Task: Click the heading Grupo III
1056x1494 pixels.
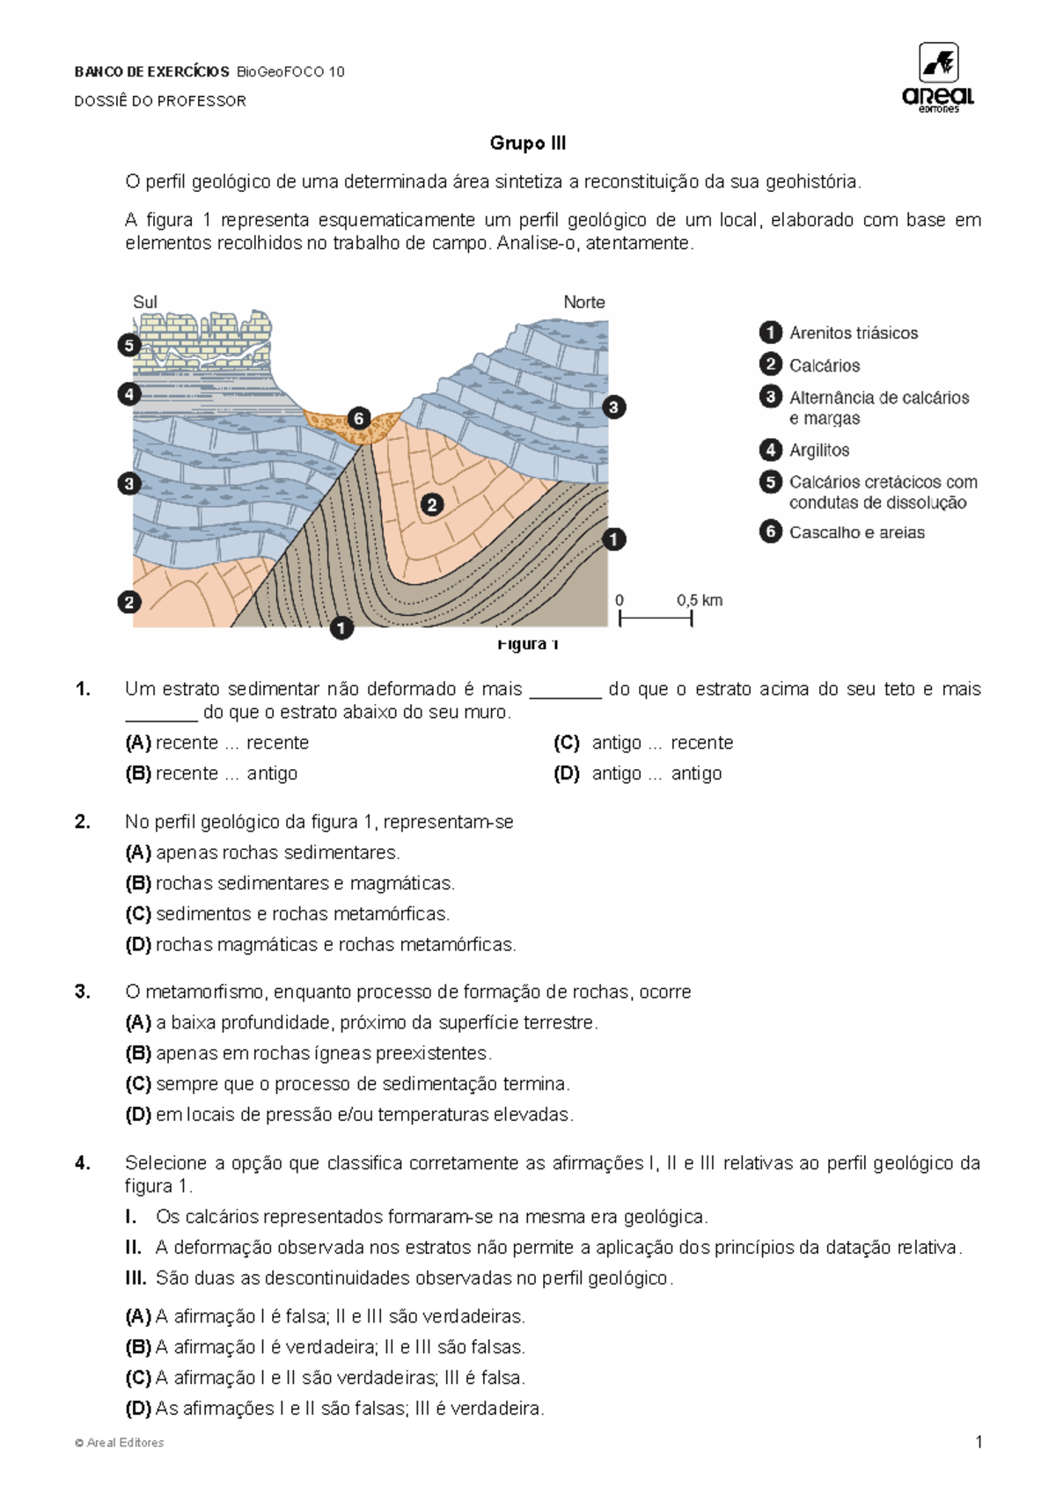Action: pos(528,143)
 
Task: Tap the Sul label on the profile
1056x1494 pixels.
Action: pos(145,302)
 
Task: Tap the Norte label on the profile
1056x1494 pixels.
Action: pos(584,302)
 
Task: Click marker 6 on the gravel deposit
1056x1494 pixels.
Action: pos(358,419)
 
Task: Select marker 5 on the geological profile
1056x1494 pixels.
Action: pos(129,345)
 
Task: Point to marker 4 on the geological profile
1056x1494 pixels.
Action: pos(129,393)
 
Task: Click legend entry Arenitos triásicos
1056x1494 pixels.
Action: pos(853,333)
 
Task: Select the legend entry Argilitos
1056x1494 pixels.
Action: pos(818,450)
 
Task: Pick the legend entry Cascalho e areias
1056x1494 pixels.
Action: pos(856,532)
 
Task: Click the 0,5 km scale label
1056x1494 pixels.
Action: pos(700,600)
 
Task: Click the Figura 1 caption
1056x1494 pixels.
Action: pos(528,644)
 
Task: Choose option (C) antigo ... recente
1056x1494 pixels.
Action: pos(643,743)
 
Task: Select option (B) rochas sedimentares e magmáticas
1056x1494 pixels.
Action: pos(290,882)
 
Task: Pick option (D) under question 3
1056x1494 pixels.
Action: pos(349,1114)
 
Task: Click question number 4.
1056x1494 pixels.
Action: pos(83,1163)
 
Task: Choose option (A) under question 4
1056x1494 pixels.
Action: pos(326,1316)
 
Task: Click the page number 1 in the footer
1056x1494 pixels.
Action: pos(979,1442)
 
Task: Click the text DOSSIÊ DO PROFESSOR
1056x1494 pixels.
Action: pos(160,101)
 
